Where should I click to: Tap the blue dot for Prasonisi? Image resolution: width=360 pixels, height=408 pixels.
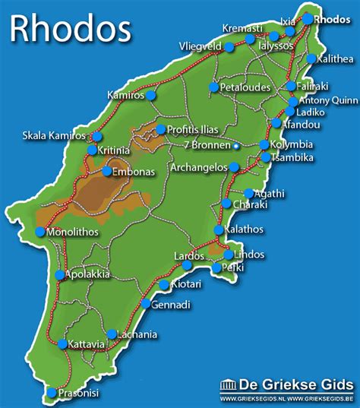pos(51,392)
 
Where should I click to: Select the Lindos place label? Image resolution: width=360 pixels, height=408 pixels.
pos(250,254)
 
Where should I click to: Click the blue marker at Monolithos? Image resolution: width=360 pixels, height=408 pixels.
pos(40,232)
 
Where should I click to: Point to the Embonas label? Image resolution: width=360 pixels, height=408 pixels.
pos(133,172)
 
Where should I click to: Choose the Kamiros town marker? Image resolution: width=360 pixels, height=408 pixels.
pos(151,96)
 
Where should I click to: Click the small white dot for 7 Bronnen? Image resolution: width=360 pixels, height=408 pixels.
pos(236,145)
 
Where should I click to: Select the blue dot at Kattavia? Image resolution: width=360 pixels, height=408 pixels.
pos(62,343)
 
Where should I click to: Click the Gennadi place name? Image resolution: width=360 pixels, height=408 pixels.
pos(172,304)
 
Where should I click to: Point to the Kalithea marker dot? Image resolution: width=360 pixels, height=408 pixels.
pos(311,59)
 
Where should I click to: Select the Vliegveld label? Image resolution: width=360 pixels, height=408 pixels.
pos(201,46)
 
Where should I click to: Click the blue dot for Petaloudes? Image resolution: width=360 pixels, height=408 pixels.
pos(213,87)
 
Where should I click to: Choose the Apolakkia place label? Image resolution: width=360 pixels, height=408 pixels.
pos(88,274)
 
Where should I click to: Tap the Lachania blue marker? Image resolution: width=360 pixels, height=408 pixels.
pos(112,334)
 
